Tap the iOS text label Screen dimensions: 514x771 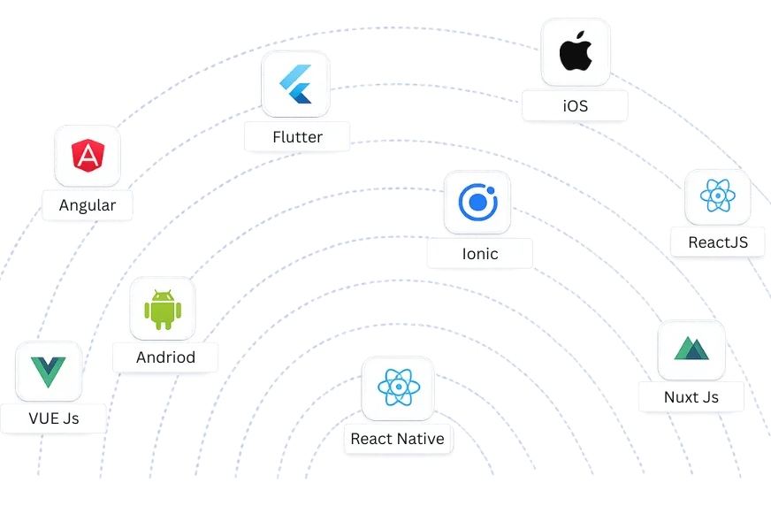tap(575, 107)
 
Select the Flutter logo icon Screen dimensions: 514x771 tap(295, 84)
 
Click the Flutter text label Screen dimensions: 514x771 tap(297, 137)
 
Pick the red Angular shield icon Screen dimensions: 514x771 tap(88, 157)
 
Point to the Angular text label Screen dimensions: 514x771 tap(88, 206)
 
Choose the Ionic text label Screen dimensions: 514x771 tap(480, 254)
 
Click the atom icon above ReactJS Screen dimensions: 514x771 tap(717, 196)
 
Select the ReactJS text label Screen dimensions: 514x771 tap(718, 242)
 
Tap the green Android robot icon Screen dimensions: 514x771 tap(163, 309)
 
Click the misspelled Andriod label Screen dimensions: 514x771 tap(165, 358)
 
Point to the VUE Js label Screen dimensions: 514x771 tap(54, 418)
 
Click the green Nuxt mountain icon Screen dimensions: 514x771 tap(691, 349)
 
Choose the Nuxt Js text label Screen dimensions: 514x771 tap(691, 397)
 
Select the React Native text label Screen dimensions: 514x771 tap(397, 439)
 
